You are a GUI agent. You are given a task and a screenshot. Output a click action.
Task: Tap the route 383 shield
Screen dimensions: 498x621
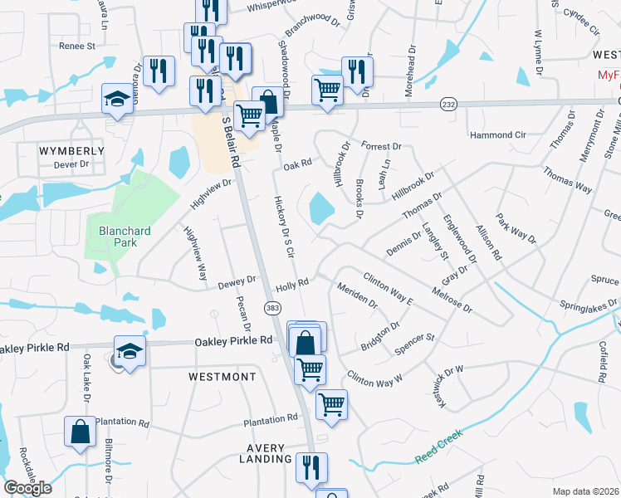tap(272, 308)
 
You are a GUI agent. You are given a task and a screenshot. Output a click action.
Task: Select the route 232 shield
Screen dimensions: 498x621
tap(447, 105)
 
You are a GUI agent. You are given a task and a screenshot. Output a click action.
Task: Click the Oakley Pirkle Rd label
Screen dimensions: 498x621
tap(233, 340)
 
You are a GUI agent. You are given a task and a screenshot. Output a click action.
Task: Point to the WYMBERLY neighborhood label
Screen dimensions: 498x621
tap(72, 151)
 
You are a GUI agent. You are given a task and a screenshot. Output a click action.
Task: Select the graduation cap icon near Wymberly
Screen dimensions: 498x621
tap(118, 100)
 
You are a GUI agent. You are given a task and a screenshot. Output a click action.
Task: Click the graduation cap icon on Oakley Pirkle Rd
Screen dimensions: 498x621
tap(130, 351)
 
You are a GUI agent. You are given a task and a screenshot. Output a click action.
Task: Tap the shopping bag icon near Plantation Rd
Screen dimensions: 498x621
tap(79, 432)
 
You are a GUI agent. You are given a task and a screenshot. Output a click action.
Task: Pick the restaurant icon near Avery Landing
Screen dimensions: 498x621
tap(313, 468)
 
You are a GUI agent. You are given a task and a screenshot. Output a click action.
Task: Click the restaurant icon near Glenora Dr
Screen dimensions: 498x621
tap(157, 71)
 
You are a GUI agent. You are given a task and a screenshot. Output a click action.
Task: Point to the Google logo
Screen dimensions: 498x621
tap(27, 488)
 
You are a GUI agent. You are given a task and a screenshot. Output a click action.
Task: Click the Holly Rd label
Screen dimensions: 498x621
tap(292, 283)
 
